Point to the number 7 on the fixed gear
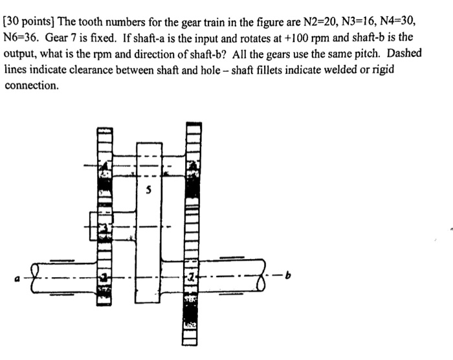(192, 276)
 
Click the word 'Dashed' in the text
(404, 54)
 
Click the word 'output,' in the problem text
(21, 54)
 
